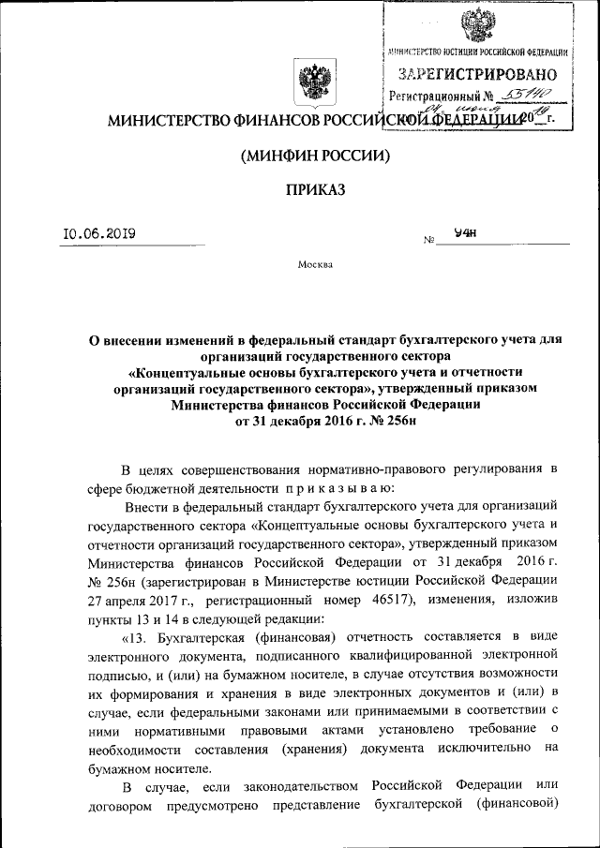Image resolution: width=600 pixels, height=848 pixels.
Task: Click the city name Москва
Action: pos(314,265)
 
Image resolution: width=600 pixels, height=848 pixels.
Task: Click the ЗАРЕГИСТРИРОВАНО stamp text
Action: pos(478,74)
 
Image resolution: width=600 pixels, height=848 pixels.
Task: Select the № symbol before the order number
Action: pos(429,240)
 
